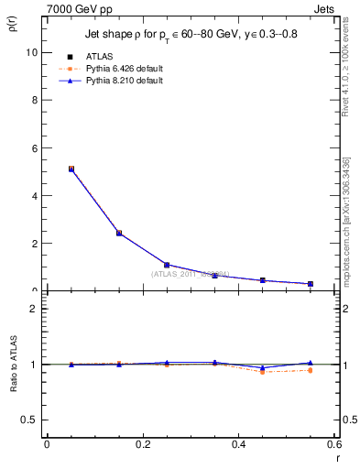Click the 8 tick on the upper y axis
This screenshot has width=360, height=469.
(x=34, y=100)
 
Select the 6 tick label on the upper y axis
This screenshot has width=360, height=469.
(x=34, y=147)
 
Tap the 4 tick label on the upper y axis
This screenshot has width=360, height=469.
(x=34, y=195)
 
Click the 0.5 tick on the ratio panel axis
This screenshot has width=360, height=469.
(x=30, y=420)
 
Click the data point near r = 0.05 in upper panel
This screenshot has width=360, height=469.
(x=71, y=169)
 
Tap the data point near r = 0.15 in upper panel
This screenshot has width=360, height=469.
(x=119, y=233)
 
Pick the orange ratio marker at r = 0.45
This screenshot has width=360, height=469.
(x=263, y=371)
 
